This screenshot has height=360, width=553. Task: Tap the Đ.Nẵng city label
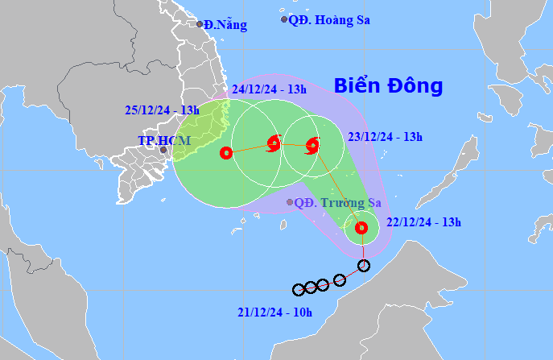(225, 25)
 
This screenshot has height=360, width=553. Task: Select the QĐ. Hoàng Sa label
(330, 20)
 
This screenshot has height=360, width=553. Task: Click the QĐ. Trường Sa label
(338, 203)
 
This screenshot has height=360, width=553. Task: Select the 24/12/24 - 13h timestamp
(268, 89)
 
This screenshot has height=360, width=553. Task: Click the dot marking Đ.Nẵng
(200, 24)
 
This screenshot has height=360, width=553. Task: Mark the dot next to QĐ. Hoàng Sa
(283, 19)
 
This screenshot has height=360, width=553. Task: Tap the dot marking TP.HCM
(163, 150)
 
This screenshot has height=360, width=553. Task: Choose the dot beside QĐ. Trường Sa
(290, 202)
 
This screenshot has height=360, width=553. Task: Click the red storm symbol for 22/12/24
(361, 228)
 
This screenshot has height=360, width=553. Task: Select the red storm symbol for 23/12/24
(312, 146)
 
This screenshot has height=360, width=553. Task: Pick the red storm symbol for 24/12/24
(273, 145)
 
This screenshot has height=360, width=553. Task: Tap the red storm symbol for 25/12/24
(226, 151)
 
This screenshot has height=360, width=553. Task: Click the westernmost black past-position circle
(299, 289)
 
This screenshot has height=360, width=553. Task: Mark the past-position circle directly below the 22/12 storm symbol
(364, 266)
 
